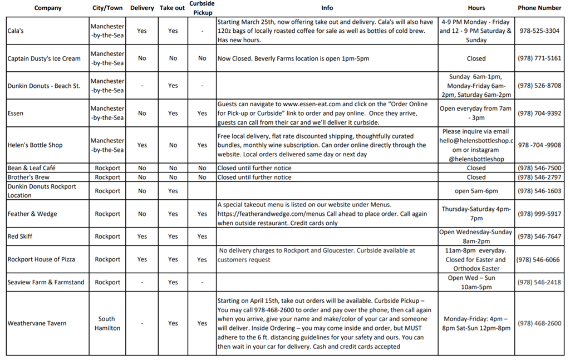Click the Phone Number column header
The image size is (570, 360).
(539, 8)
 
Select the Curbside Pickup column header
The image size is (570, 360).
(202, 8)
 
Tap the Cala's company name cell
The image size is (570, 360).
(16, 31)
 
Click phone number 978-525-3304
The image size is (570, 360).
(538, 31)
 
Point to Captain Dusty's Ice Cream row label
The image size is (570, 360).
(44, 58)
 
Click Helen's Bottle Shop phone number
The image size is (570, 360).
(538, 145)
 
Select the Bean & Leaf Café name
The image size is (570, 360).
(31, 168)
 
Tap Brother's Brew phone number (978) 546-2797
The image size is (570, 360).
(539, 177)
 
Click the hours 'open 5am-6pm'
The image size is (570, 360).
(476, 191)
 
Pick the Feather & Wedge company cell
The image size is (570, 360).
(32, 214)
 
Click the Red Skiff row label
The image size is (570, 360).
(20, 236)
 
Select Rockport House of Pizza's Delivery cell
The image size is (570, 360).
(142, 259)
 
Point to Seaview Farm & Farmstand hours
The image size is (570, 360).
(476, 282)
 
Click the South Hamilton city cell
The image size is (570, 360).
(107, 323)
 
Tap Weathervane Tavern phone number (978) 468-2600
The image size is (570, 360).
(539, 323)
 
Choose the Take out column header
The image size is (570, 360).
(173, 8)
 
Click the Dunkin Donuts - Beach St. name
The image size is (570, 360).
(44, 86)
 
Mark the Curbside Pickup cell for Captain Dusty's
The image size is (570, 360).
(202, 58)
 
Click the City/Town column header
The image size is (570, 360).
(107, 8)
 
